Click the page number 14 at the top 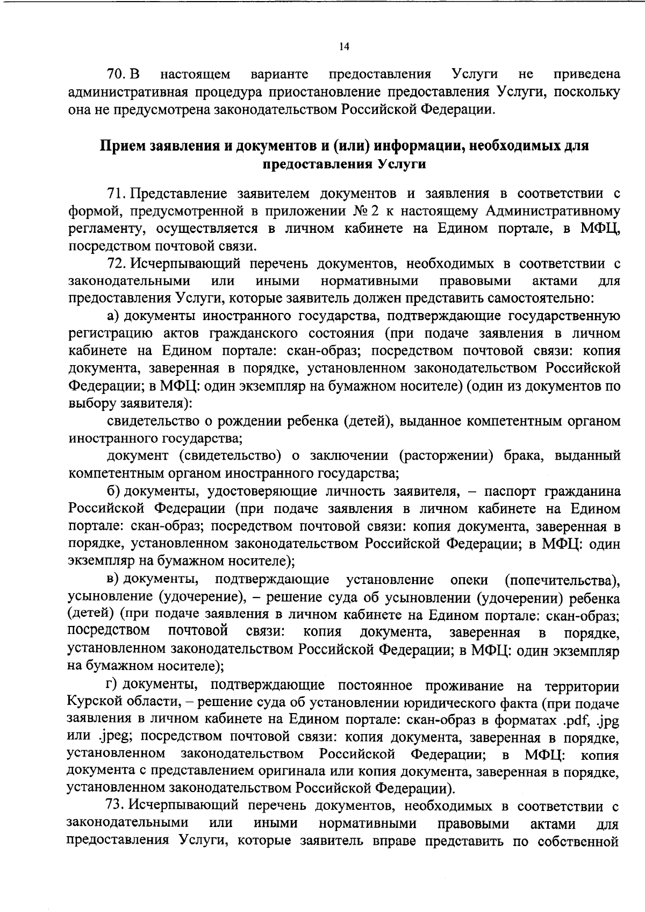[345, 47]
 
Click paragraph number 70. [116, 74]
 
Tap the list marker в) [113, 579]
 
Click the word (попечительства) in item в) [561, 579]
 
